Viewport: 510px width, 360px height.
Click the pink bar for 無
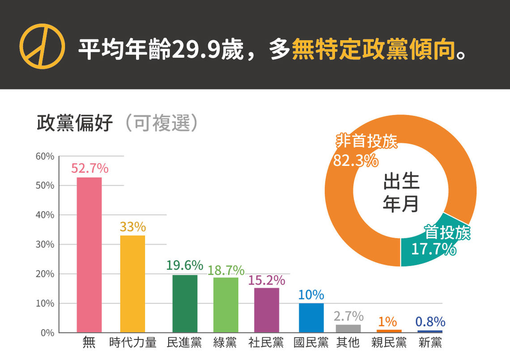pos(89,254)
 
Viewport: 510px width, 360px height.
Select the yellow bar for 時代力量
pos(133,284)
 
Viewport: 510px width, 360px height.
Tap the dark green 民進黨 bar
pos(185,303)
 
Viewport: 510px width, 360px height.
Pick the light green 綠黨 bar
pos(226,305)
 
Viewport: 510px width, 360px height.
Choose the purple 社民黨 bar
pos(267,310)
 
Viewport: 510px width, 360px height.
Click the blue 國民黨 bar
pos(311,318)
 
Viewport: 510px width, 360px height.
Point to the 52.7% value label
pos(90,168)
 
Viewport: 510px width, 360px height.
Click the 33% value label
pos(133,227)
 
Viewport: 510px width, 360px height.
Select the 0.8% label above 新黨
pos(430,322)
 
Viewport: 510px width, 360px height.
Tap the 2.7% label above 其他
pos(348,316)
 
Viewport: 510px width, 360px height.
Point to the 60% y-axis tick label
pos(45,157)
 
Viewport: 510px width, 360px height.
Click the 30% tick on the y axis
pos(45,245)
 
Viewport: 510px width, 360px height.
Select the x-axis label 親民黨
pos(389,343)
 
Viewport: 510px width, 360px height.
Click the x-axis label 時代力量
pos(133,343)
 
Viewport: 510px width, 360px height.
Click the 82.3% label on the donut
pos(356,161)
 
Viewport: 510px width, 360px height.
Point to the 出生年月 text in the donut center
pos(401,192)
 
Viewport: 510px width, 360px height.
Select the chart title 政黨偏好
pos(75,123)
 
